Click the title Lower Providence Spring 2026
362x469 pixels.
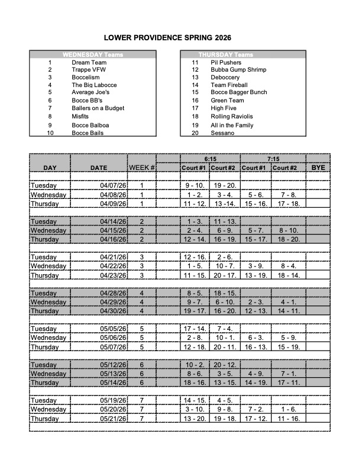coord(167,37)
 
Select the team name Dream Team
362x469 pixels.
coord(89,62)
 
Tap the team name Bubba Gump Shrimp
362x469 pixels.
coord(238,70)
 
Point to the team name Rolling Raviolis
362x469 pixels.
coord(231,117)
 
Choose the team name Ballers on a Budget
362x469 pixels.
coord(98,108)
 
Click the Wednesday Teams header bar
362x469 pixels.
coord(93,54)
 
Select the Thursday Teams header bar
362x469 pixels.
coord(243,54)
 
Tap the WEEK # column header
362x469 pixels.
coord(142,168)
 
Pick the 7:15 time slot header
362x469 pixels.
coord(273,159)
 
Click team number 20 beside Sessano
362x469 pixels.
coord(195,133)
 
